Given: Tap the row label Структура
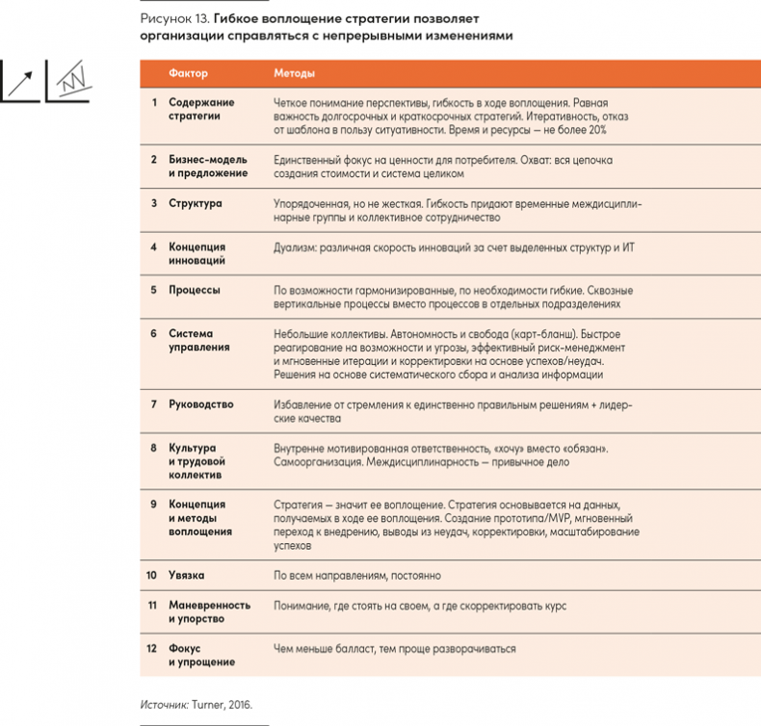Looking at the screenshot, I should pos(195,203).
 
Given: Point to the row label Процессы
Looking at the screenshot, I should pos(195,289).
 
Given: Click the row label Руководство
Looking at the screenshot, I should pos(200,404).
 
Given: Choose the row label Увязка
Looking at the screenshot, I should pos(187,576).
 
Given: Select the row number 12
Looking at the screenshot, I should pos(151,648).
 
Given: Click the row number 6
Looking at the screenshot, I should pos(153,332).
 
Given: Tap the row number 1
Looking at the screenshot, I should pos(153,101).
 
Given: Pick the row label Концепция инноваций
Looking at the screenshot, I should pos(197,252).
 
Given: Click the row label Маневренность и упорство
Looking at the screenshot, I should pos(208,611).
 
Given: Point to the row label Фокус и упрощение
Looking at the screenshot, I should pos(200,655).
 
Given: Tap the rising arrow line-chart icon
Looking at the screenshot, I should pos(20,81).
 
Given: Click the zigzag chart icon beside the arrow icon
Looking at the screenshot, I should pos(69,81).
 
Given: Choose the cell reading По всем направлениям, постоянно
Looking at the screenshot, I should pos(357,576).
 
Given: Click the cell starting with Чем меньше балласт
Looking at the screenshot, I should pos(394,648).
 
